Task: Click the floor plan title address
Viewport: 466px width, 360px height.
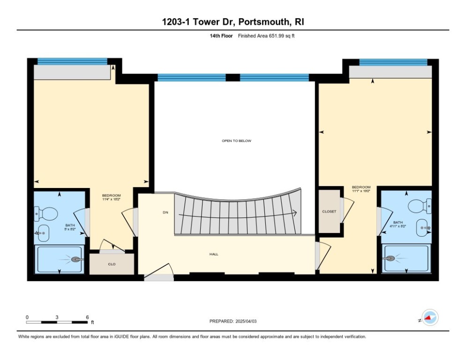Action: point(233,22)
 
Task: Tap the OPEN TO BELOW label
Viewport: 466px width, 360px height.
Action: point(237,141)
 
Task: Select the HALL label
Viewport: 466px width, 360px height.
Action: point(214,254)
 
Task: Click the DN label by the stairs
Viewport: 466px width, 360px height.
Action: point(165,212)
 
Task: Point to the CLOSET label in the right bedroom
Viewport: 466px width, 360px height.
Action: point(329,211)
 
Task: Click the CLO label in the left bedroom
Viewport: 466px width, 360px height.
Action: point(112,264)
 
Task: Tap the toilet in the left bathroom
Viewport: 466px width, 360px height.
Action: point(46,214)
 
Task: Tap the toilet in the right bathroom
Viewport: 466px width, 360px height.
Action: point(419,205)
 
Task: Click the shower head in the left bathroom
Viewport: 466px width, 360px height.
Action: point(76,259)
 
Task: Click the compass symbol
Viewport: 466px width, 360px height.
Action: point(429,318)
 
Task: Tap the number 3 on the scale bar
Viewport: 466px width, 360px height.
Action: point(57,317)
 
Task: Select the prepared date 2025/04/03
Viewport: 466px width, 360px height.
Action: point(233,321)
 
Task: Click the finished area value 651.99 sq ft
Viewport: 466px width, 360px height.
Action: point(266,36)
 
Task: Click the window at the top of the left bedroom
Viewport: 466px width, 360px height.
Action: point(72,61)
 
